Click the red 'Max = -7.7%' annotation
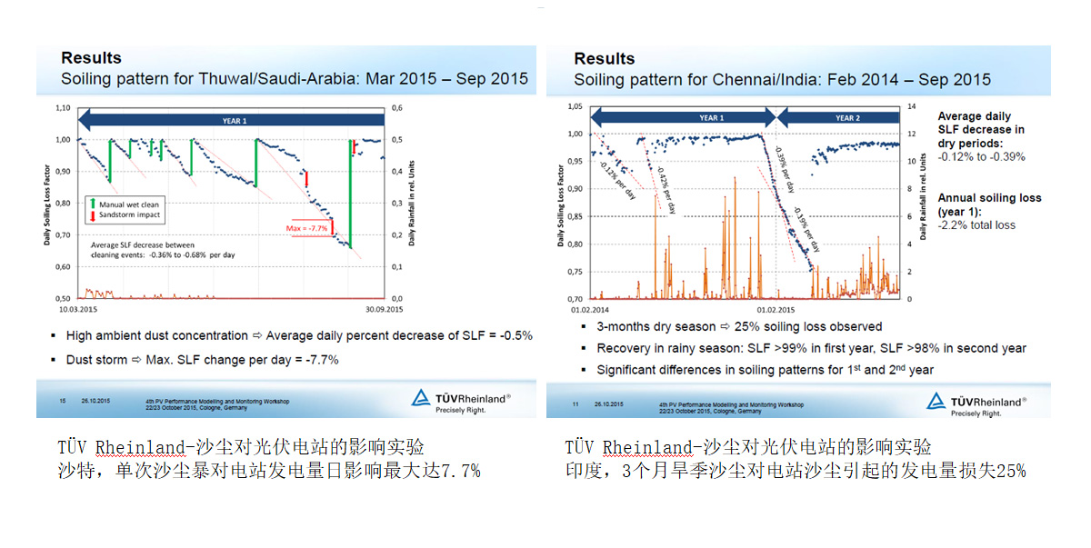[x=307, y=227]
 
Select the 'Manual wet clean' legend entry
[x=136, y=204]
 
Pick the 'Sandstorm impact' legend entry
[x=135, y=214]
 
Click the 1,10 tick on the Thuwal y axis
[x=62, y=108]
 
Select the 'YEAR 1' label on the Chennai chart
[x=711, y=118]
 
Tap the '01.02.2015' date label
[x=774, y=310]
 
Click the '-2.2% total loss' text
[x=977, y=224]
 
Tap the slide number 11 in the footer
[x=576, y=403]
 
